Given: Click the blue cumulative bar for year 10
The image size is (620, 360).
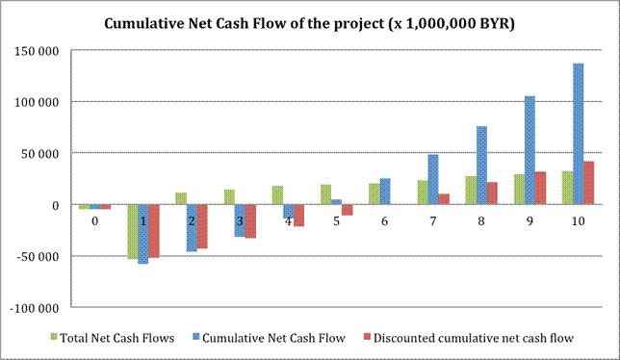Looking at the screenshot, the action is coord(578,134).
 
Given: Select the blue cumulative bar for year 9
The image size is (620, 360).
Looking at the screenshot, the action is coord(530,150).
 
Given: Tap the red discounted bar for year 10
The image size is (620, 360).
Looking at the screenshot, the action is coord(589,183).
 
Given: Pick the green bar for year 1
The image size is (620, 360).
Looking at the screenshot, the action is coord(133,232).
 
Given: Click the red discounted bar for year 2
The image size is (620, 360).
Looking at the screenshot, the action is coord(202,226).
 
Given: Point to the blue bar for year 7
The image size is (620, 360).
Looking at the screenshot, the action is coord(433,179).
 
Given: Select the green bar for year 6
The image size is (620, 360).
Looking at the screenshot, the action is coord(375,194).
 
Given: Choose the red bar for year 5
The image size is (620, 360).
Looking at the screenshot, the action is coord(347,210).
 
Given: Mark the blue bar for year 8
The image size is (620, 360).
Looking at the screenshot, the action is coord(481,166).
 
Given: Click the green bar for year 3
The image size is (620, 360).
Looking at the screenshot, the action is coord(229,197).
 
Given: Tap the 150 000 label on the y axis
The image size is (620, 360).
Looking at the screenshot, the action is coord(37,51).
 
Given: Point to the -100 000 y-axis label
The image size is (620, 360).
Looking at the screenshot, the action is coord(35,308).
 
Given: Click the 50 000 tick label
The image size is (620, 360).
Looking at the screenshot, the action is coord(39,154).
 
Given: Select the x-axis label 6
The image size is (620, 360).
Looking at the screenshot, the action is coord(384,221).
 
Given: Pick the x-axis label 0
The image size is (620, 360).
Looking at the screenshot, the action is coord(95,221).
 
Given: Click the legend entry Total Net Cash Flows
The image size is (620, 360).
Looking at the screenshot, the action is coord(113,338).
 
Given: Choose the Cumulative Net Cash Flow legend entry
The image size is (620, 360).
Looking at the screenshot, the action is coord(269,338).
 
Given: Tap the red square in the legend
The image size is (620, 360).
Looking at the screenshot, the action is coord(367,337).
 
